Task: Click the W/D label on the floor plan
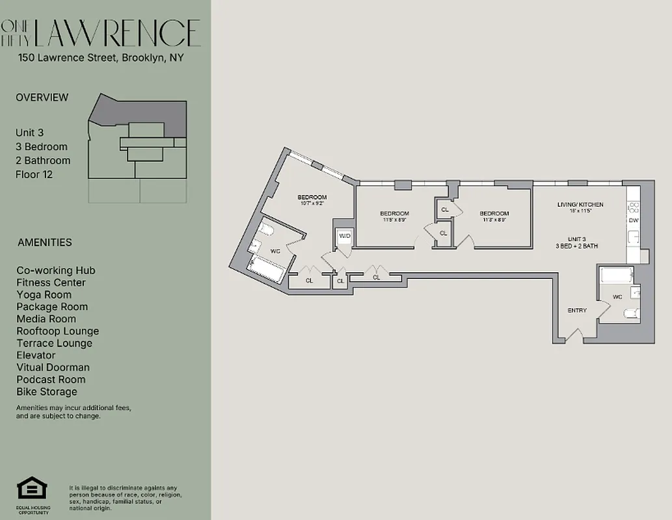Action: pos(343,236)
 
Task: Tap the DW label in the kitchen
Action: pos(633,220)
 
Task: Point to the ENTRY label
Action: pos(577,311)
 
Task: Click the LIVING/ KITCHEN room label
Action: pos(580,205)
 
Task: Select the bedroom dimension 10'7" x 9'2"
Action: pos(312,203)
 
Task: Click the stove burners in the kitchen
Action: pos(634,207)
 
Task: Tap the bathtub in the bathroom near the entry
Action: pos(616,276)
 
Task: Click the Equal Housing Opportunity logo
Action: pos(33,489)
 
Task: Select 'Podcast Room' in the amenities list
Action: pos(51,380)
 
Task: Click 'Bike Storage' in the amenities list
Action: pos(47,392)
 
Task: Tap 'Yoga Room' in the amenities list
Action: pos(44,294)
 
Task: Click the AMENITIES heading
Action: pos(45,242)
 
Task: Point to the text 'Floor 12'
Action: pos(34,174)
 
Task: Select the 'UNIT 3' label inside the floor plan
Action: pos(576,238)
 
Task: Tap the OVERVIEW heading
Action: pos(42,97)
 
